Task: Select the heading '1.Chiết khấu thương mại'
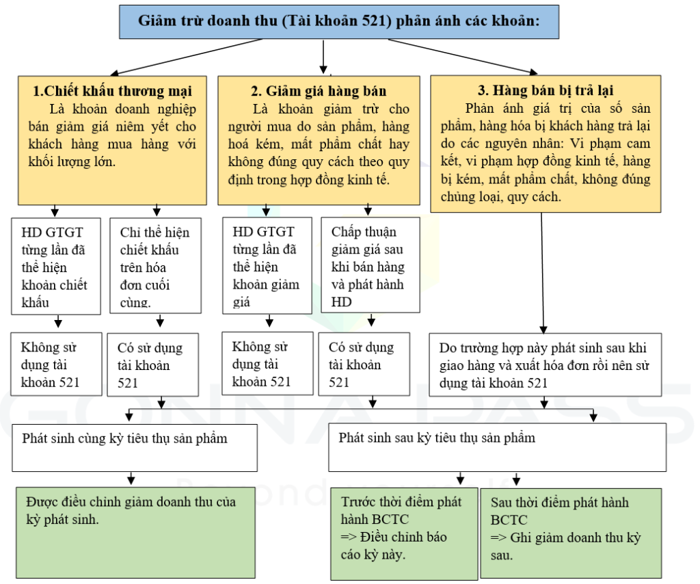tap(113, 91)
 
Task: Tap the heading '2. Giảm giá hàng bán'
tap(319, 91)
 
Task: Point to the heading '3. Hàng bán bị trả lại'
tap(546, 91)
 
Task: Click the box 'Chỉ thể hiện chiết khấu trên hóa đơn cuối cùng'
tap(155, 265)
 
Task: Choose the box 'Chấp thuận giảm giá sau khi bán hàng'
tap(371, 265)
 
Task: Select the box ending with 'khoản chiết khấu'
tap(56, 266)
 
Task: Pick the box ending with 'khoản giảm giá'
tap(267, 265)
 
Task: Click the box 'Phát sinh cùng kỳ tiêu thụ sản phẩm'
tap(135, 448)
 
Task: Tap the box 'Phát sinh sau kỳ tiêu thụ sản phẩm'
tap(498, 448)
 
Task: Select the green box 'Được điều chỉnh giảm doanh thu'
tap(136, 533)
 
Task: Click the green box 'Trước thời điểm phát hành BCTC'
tap(404, 534)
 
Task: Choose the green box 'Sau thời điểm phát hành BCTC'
tap(571, 534)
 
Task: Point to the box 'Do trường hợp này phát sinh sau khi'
tap(545, 364)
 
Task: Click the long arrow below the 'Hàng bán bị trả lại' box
tap(542, 273)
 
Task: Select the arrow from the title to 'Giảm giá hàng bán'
tap(323, 57)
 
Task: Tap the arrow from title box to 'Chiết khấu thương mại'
tap(186, 57)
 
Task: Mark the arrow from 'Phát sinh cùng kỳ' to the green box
tap(131, 478)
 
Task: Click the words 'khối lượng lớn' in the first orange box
tap(71, 161)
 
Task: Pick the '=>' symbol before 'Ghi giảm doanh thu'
tap(498, 537)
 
